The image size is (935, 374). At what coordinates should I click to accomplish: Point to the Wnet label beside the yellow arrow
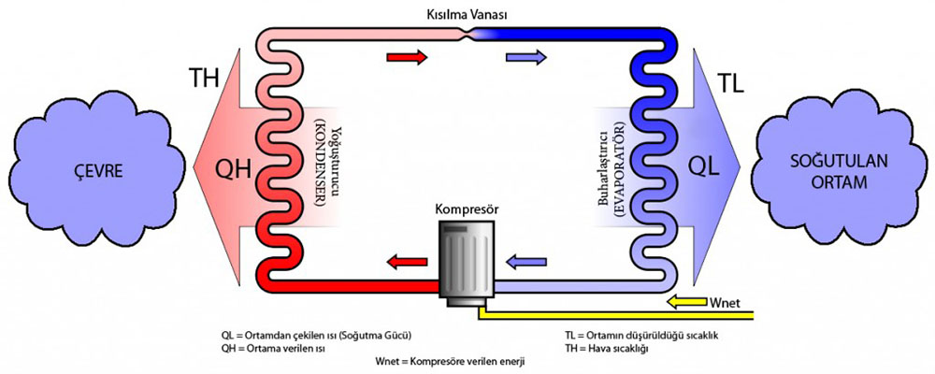point(728,301)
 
